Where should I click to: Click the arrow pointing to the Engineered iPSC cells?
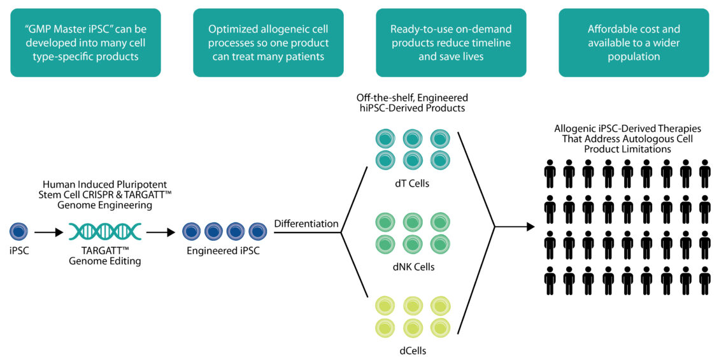pos(160,233)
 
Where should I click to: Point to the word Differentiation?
pos(306,224)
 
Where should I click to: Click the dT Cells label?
pos(415,185)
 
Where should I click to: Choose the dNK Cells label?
pos(415,267)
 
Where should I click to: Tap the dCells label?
pos(415,349)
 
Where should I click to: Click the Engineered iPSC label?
pos(223,251)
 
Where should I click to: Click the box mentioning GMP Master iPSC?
pos(85,43)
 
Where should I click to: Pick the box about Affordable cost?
pos(634,43)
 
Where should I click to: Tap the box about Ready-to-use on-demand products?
pos(451,43)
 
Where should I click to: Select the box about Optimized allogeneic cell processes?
pos(268,43)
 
